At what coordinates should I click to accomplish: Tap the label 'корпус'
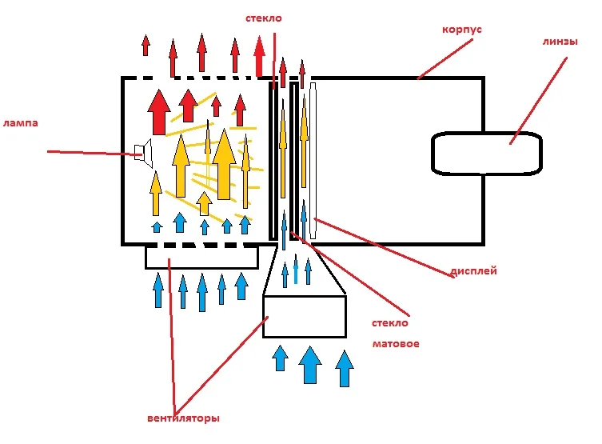[461, 30]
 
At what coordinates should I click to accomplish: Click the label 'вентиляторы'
[183, 418]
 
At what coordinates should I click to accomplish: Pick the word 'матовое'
[396, 344]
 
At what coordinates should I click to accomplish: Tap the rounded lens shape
[487, 153]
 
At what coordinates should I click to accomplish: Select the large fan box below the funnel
[305, 317]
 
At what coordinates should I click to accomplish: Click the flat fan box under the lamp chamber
[201, 257]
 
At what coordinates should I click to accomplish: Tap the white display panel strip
[313, 160]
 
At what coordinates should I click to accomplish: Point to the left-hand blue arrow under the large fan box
[281, 357]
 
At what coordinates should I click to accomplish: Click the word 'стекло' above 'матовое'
[390, 323]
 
